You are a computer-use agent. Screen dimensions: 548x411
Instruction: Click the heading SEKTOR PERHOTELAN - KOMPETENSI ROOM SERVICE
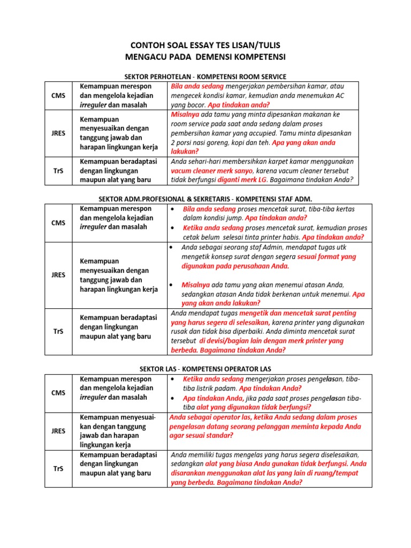point(204,77)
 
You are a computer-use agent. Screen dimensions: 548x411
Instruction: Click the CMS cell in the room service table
point(58,95)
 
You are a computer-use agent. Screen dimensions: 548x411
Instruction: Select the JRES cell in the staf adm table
point(58,275)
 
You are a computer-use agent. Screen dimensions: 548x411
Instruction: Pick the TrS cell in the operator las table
point(58,469)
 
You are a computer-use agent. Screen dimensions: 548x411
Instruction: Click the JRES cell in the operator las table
point(58,431)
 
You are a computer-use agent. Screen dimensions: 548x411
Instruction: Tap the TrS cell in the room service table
point(58,171)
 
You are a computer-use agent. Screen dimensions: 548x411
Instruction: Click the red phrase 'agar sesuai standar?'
point(201,436)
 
